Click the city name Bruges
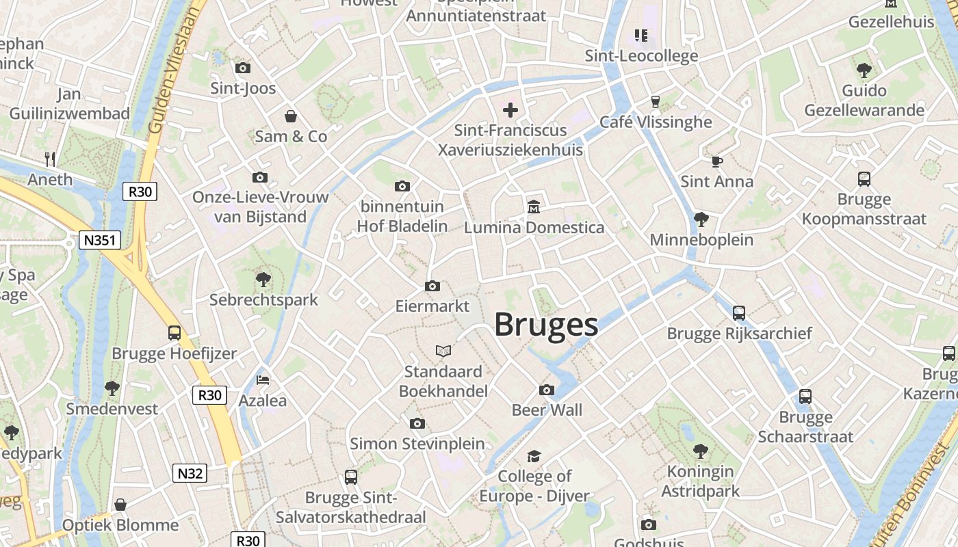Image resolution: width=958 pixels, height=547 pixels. pos(546,324)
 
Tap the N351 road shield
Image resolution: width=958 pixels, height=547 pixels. pos(100,240)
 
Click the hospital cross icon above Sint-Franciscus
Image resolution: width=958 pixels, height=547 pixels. pos(510,109)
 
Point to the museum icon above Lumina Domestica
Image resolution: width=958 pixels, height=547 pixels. pos(534,206)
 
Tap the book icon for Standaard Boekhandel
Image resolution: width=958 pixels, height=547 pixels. pos(443,351)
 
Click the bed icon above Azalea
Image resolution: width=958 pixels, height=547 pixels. pos(263,379)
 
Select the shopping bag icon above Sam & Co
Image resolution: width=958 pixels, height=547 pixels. pos(291,116)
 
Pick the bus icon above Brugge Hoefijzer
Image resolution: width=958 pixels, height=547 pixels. pos(174,333)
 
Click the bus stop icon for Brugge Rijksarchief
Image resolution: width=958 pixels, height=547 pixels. pos(739,312)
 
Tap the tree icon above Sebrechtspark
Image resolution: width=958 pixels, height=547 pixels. pos(263,279)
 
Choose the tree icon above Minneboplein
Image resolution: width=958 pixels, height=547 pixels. pos(701,219)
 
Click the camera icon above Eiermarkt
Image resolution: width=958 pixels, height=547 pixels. pos(432,286)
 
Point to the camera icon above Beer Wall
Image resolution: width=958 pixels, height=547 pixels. pos(547,390)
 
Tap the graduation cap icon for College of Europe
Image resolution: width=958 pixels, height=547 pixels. pos(534,455)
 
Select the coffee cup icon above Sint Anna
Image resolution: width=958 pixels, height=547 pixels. pos(716,161)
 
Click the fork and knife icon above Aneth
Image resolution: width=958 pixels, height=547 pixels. pos(50,159)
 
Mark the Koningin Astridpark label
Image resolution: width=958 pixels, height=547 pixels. pos(701,481)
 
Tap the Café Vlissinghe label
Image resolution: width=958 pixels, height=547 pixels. pos(656,122)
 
